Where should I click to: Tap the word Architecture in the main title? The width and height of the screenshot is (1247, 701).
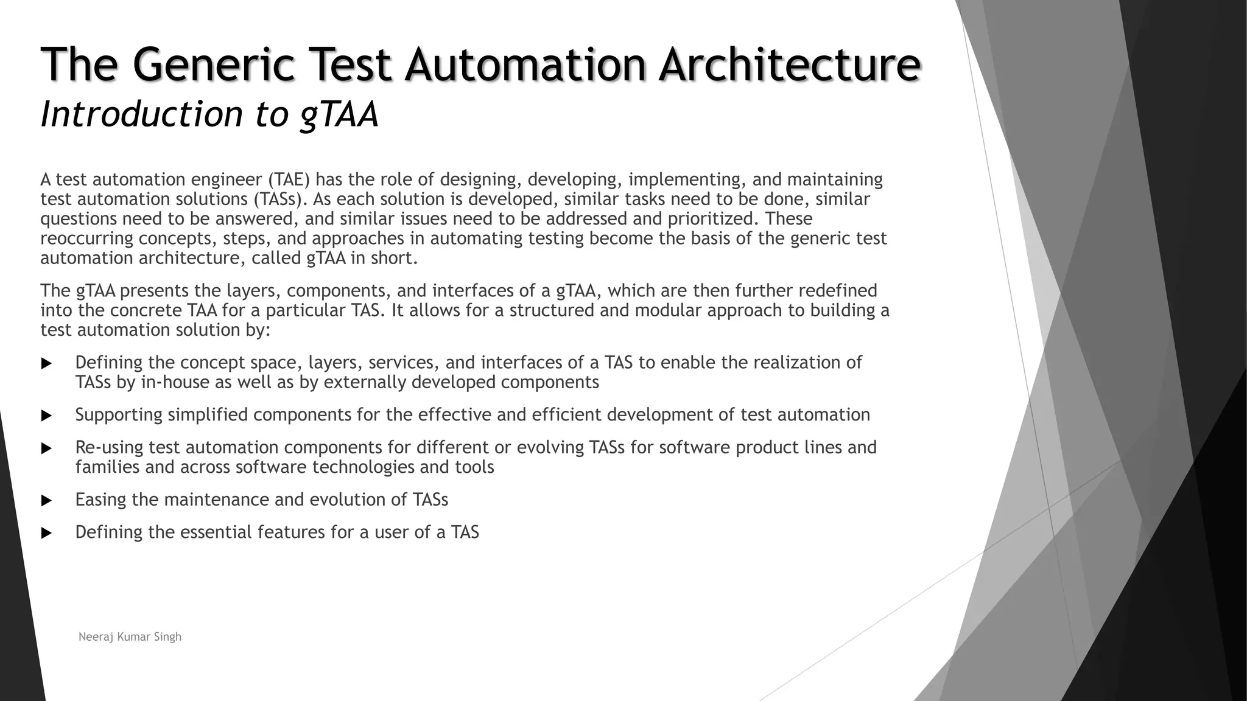click(789, 64)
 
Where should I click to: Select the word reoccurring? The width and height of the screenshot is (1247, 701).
click(86, 238)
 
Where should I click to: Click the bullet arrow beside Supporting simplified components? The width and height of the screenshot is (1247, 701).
click(46, 416)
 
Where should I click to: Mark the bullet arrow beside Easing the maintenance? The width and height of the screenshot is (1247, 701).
click(46, 501)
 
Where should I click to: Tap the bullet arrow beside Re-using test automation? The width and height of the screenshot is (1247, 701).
click(46, 448)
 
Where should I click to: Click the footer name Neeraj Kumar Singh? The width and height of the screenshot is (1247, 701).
click(130, 637)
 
